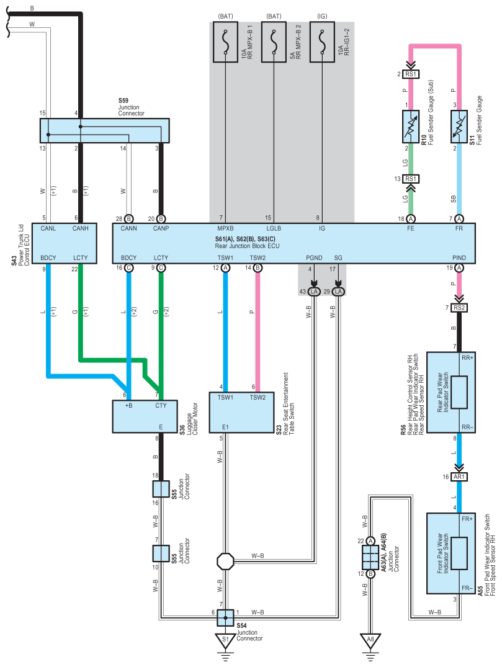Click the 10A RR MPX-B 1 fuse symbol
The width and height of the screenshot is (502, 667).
(225, 42)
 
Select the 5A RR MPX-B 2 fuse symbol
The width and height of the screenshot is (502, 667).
(274, 42)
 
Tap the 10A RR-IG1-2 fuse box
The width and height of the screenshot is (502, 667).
(322, 42)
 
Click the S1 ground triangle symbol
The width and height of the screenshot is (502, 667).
(225, 641)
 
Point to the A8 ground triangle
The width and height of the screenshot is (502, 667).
(370, 641)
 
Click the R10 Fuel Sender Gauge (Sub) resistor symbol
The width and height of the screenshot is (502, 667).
(411, 127)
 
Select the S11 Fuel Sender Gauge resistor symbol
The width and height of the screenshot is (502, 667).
(459, 127)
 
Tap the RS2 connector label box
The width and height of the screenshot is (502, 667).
(459, 308)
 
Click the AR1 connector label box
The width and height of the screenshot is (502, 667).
(459, 477)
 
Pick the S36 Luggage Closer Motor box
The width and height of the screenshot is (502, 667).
(145, 416)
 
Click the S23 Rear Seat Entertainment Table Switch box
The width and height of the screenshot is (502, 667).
(241, 412)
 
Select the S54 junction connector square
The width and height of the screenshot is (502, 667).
(225, 617)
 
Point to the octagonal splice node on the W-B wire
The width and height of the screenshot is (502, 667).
(225, 561)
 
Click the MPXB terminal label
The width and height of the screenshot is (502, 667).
(225, 228)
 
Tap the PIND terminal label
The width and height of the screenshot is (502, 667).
(459, 257)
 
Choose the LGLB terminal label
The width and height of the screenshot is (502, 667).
(274, 228)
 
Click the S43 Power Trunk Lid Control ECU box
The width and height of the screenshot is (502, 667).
(65, 243)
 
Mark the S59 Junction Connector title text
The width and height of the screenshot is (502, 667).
(131, 107)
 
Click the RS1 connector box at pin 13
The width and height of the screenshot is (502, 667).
(411, 179)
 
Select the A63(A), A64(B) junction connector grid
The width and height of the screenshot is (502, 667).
(370, 557)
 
